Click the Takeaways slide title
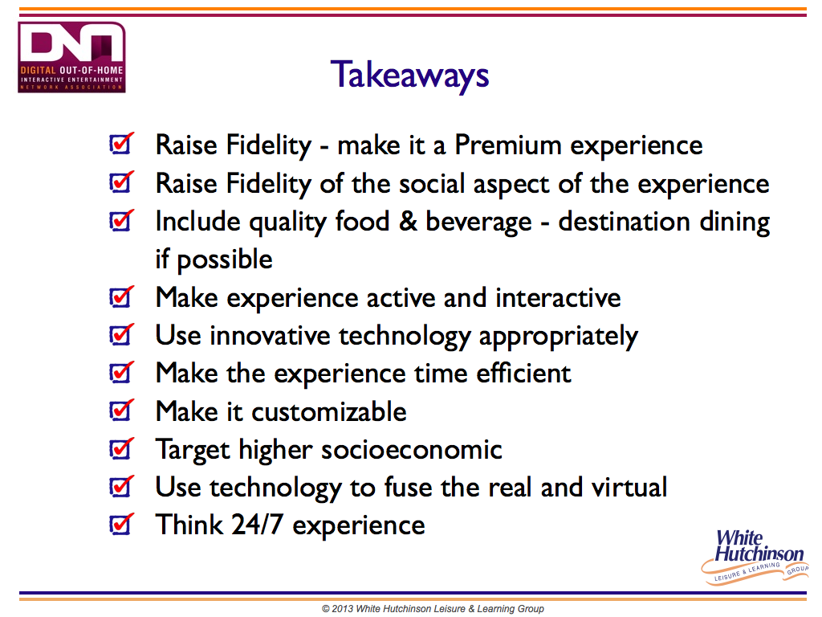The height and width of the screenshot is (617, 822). point(409,76)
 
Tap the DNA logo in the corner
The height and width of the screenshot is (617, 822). point(71,57)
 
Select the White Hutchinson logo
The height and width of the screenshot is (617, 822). point(755,557)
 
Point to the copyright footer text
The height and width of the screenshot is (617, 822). point(433,609)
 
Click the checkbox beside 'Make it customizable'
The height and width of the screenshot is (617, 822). point(121,411)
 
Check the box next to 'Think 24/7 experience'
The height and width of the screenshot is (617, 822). point(121,524)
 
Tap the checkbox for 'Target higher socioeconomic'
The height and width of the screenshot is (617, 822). point(121,448)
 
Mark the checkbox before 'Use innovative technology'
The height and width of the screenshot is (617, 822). point(121,335)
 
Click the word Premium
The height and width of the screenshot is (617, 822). point(507,145)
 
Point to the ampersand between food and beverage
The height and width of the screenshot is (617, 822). point(408,222)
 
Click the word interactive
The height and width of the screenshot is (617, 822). point(558,297)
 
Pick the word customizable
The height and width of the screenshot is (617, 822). point(328,411)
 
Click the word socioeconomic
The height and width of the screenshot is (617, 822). point(412,450)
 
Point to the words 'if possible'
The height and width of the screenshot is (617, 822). point(214,259)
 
